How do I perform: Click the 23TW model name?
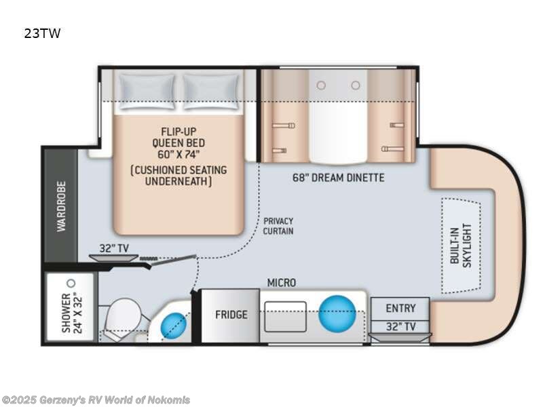click(x=42, y=33)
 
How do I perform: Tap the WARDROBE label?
click(x=61, y=206)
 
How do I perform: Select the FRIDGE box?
click(x=231, y=315)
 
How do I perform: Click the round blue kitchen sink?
click(x=337, y=313)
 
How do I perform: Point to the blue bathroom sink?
click(x=174, y=326)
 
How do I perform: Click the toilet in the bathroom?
click(x=123, y=317)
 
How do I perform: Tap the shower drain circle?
click(x=71, y=283)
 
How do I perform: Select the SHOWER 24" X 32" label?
click(x=72, y=313)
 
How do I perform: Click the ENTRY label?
click(x=400, y=308)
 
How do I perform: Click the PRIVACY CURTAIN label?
click(x=278, y=226)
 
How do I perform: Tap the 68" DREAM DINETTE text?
click(x=338, y=178)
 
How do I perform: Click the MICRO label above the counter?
click(x=282, y=283)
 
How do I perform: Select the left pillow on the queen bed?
click(x=147, y=92)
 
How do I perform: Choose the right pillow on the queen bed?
click(x=211, y=92)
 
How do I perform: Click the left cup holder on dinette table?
click(x=321, y=85)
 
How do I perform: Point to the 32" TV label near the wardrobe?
click(x=114, y=248)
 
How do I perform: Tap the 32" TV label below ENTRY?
click(x=400, y=327)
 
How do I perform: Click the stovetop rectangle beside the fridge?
click(x=285, y=317)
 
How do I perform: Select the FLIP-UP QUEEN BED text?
click(x=179, y=143)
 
